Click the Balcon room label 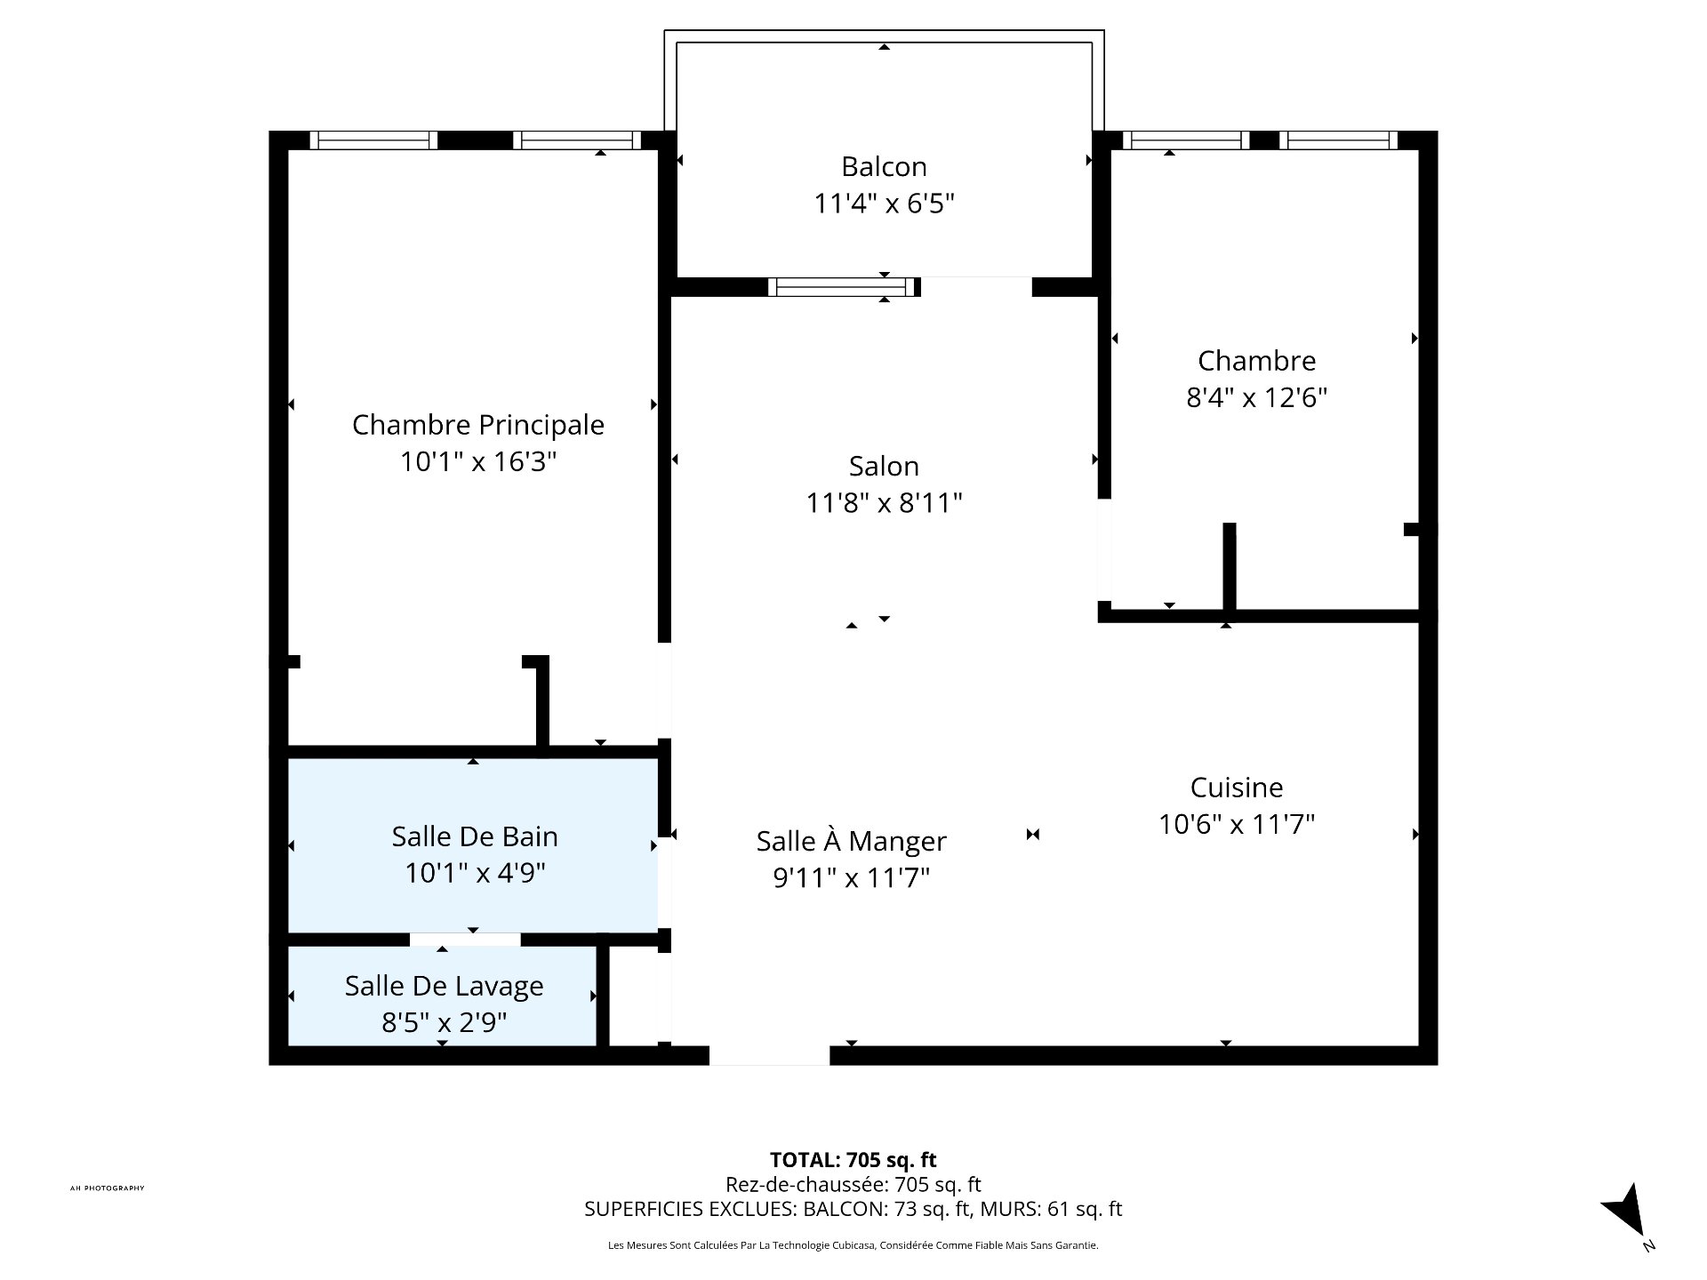(x=884, y=166)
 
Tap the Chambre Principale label (x=478, y=425)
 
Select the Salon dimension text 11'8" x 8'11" (x=884, y=503)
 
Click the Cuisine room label (x=1237, y=788)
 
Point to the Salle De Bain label (x=475, y=836)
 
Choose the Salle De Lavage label (x=445, y=987)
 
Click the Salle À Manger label (x=852, y=840)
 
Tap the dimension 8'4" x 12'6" (x=1257, y=397)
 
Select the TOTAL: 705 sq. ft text (x=853, y=1160)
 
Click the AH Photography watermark (x=107, y=1188)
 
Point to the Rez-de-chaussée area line (x=853, y=1185)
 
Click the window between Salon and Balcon (x=843, y=286)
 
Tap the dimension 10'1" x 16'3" (x=478, y=462)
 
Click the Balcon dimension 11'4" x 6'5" (x=884, y=204)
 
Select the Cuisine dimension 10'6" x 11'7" (x=1237, y=825)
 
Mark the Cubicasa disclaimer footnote (x=853, y=1245)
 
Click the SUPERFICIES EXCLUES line (x=853, y=1209)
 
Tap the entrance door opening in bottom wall (x=769, y=1055)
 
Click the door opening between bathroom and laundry (x=465, y=940)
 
